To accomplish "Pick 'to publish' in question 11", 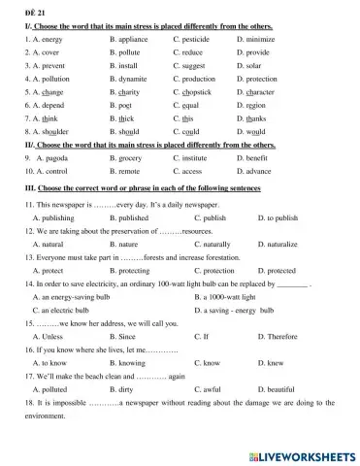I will [276, 218].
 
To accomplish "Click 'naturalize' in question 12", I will [277, 246].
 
